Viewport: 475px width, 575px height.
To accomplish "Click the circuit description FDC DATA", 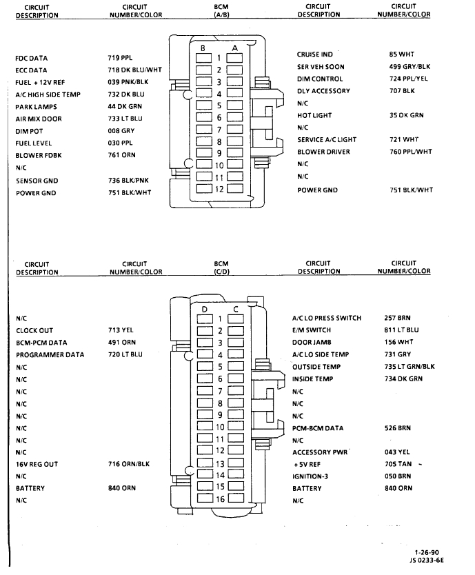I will (x=32, y=59).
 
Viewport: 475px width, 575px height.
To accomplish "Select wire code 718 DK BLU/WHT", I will (x=134, y=70).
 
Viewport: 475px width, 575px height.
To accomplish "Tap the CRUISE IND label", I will (x=315, y=54).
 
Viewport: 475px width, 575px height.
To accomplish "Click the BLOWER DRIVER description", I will (x=323, y=152).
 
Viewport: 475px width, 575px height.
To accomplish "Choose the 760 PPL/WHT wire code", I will (x=410, y=152).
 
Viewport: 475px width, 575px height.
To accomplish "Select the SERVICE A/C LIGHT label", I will (x=327, y=140).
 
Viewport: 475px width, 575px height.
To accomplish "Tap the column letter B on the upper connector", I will (x=203, y=48).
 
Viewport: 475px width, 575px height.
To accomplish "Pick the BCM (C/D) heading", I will (x=221, y=267).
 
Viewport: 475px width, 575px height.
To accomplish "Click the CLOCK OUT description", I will (x=34, y=331).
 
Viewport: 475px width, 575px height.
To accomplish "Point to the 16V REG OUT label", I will (x=37, y=464).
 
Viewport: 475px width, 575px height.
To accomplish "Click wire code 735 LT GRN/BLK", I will (x=410, y=367).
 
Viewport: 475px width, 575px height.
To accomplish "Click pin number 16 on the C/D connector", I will (x=221, y=498).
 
